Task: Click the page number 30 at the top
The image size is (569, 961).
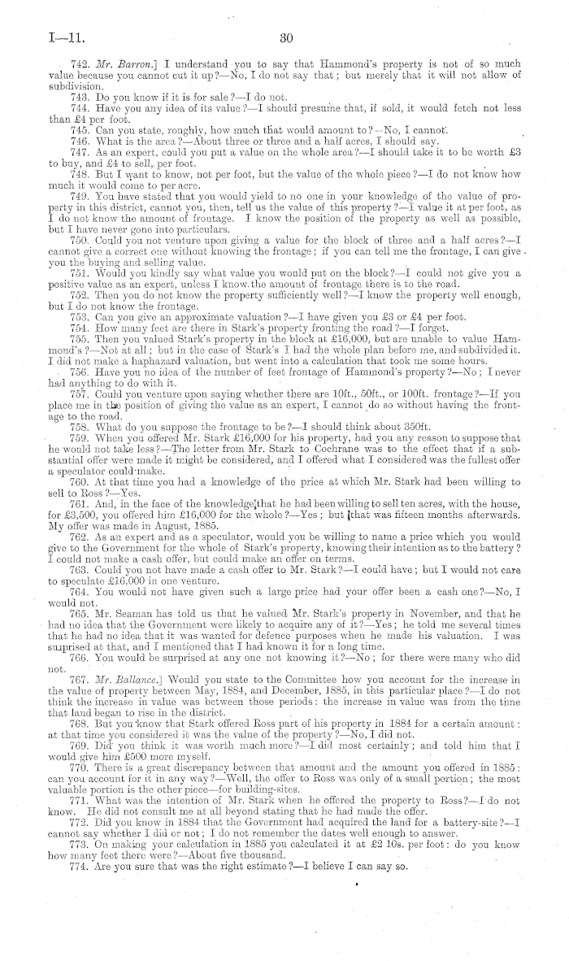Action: coord(284,37)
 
